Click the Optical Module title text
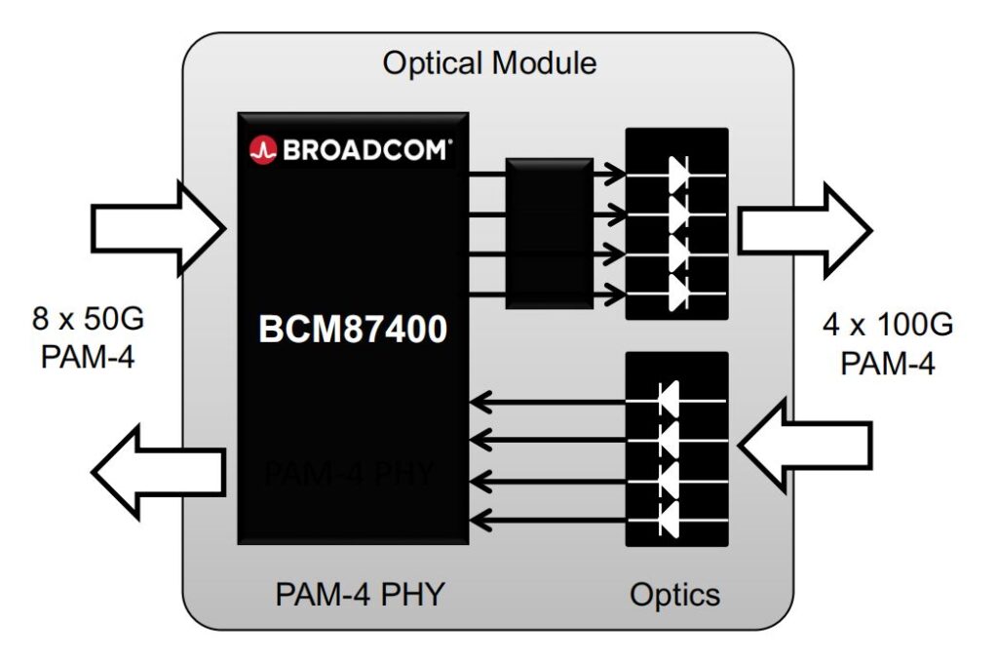point(489,64)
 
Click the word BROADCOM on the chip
point(366,150)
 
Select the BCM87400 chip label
point(353,330)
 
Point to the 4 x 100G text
point(887,325)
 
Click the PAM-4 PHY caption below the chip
point(360,594)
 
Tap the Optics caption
point(675,594)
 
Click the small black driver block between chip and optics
point(549,233)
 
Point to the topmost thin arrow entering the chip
point(546,400)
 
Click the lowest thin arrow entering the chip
point(546,518)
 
